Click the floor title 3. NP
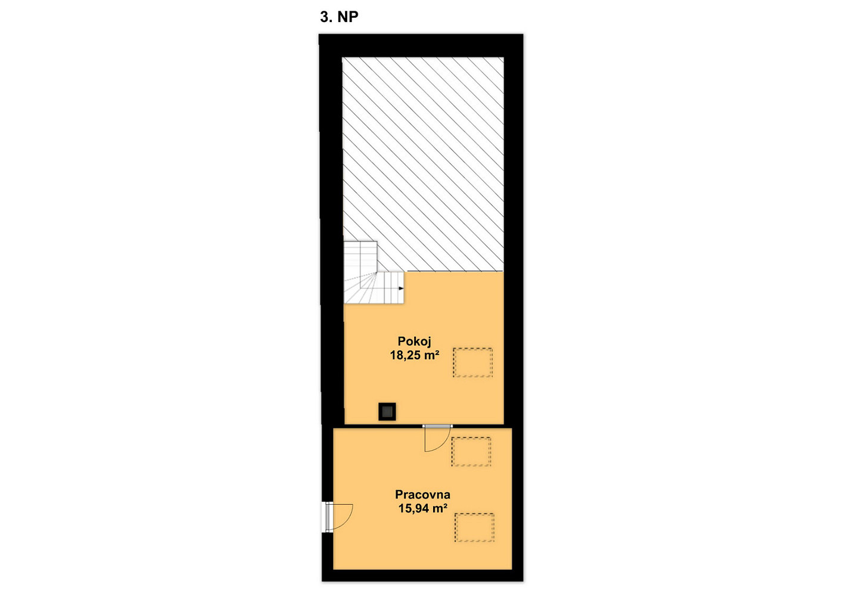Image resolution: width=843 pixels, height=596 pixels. pyautogui.click(x=339, y=17)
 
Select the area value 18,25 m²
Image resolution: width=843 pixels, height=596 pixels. pyautogui.click(x=415, y=355)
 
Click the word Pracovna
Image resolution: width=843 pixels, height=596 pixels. pyautogui.click(x=422, y=494)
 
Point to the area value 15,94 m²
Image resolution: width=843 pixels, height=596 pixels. pyautogui.click(x=423, y=508)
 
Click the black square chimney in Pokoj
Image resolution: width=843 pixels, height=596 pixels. pyautogui.click(x=387, y=411)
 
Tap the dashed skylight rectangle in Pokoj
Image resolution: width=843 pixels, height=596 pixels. pyautogui.click(x=472, y=362)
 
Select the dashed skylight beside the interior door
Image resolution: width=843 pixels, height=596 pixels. pyautogui.click(x=471, y=452)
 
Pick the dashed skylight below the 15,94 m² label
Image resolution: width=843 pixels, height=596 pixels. pyautogui.click(x=474, y=527)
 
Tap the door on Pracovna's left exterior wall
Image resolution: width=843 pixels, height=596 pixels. pyautogui.click(x=338, y=517)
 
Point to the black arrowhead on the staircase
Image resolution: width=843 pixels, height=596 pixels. pyautogui.click(x=401, y=288)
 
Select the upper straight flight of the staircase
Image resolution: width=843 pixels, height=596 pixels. pyautogui.click(x=360, y=256)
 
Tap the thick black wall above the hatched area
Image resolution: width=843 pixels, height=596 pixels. pyautogui.click(x=421, y=45)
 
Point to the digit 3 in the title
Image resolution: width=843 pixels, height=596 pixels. pyautogui.click(x=325, y=17)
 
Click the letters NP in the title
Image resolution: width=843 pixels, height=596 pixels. pyautogui.click(x=348, y=17)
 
